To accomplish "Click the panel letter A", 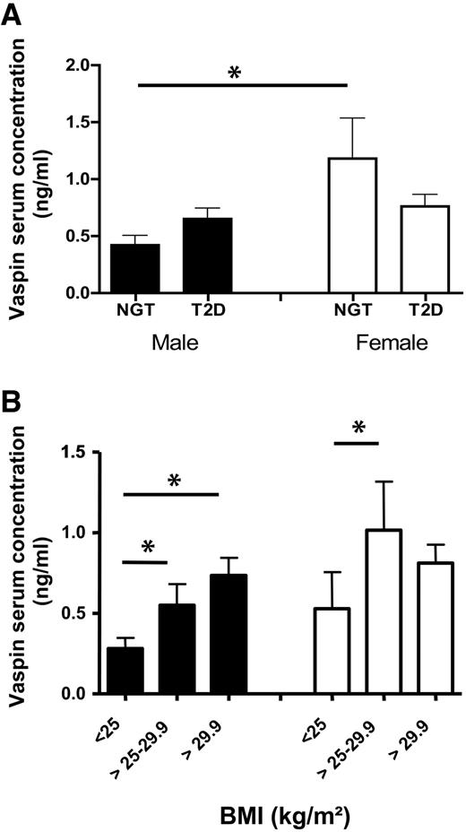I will coord(14,16).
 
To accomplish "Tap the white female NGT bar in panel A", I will coord(349,225).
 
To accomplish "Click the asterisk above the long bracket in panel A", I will coord(235,74).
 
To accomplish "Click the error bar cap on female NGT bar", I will coord(349,118).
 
